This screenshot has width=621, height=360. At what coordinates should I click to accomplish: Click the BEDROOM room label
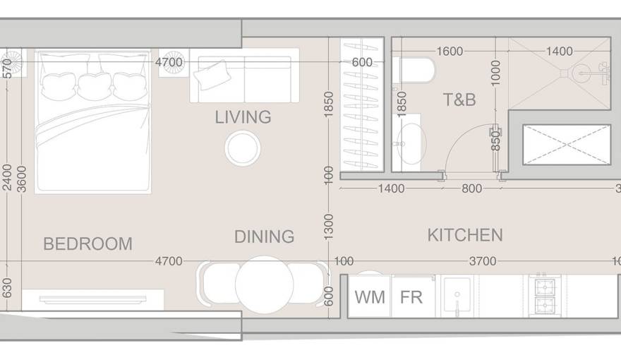[88, 244]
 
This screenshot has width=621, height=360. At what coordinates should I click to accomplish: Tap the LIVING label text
[243, 117]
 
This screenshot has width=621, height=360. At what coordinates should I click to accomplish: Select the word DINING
[264, 237]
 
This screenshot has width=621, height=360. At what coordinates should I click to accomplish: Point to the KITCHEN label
[465, 235]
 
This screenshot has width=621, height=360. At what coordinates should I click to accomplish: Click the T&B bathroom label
[459, 100]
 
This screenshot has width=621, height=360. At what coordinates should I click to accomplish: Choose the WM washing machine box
[370, 296]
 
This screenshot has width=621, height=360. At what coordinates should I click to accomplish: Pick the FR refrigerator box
[411, 296]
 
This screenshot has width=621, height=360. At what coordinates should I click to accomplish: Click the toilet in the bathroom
[416, 71]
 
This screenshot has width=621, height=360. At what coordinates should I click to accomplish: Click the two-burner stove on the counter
[544, 296]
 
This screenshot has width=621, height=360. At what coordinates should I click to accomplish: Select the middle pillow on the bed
[95, 85]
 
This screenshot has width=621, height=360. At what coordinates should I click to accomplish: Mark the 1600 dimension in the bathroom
[450, 51]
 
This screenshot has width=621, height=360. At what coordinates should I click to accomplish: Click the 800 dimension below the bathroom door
[471, 188]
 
